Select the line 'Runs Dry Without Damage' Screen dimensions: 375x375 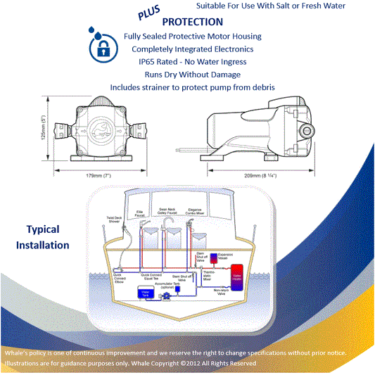(192, 74)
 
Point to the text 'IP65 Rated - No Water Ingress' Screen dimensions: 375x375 (192, 62)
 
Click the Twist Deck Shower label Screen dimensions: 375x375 (115, 220)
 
